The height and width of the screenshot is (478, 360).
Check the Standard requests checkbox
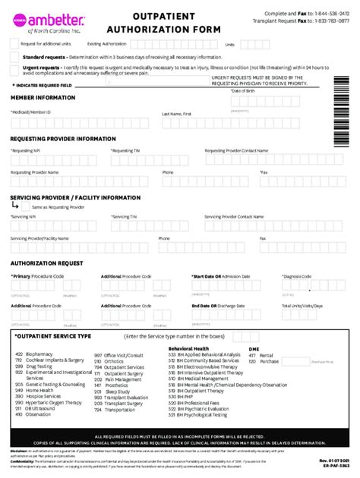click(x=15, y=57)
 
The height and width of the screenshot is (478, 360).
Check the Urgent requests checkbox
click(x=15, y=69)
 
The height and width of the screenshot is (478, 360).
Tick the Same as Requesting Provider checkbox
click(x=26, y=207)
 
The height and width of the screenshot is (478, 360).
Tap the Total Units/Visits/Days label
click(x=302, y=306)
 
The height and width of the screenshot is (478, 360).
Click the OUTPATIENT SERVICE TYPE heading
click(x=53, y=335)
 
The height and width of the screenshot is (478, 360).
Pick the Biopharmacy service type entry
click(x=39, y=354)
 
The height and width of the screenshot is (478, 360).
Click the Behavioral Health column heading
click(x=189, y=348)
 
